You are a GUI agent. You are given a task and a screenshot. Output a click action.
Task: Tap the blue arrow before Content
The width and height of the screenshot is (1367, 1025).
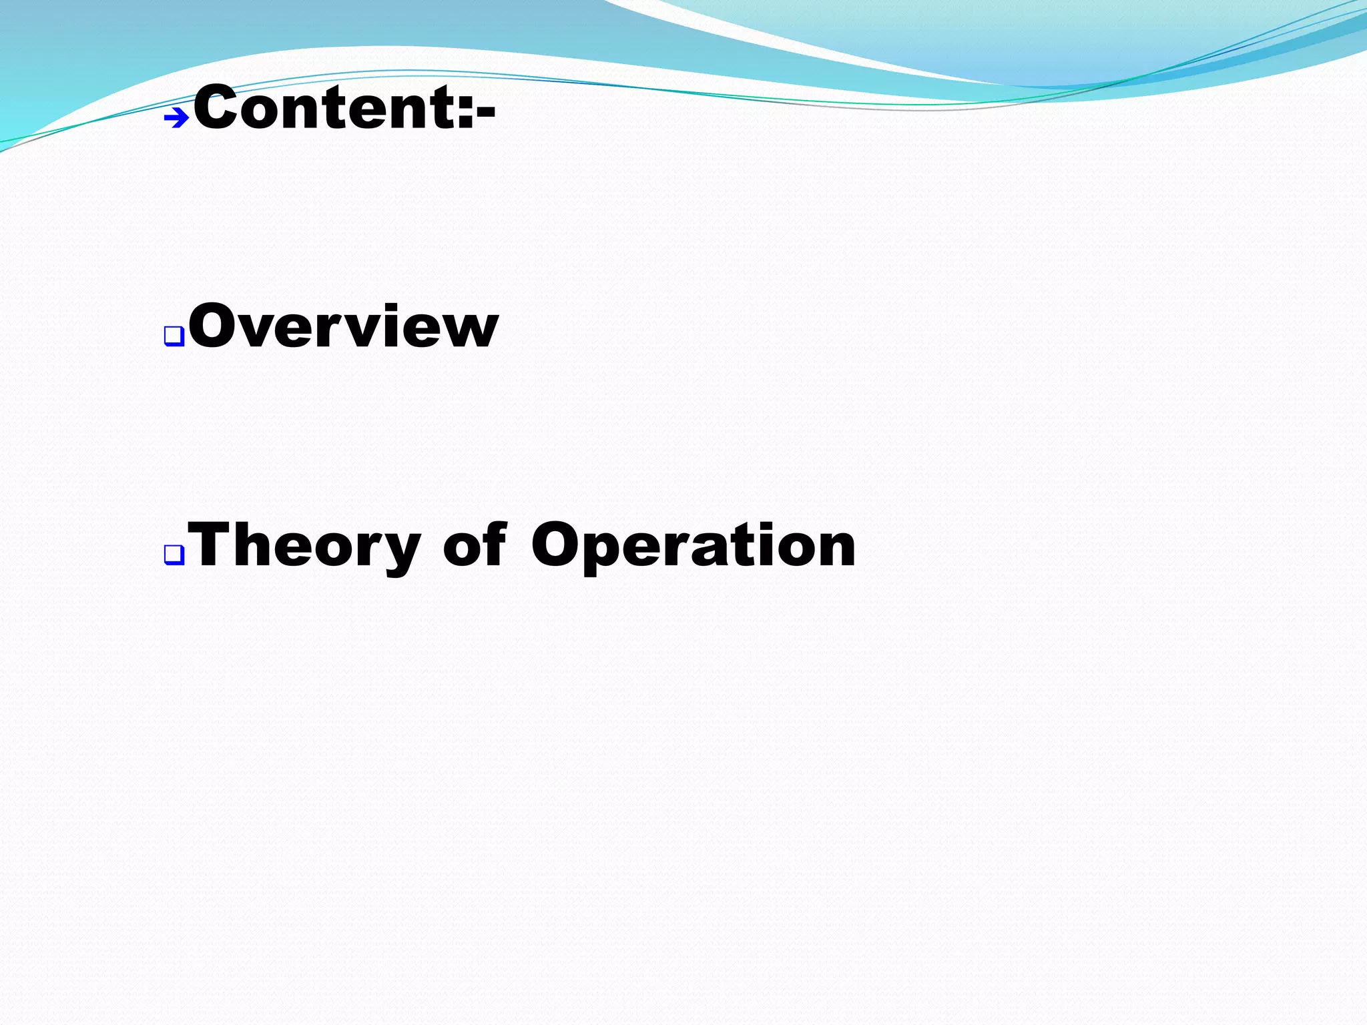click(x=177, y=119)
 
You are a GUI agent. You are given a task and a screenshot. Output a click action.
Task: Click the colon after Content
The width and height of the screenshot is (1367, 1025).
click(x=467, y=110)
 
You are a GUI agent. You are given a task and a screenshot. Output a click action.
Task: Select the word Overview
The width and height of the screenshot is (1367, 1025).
click(x=343, y=326)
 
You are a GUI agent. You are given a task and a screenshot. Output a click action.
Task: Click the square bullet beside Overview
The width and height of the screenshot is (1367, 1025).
click(x=174, y=336)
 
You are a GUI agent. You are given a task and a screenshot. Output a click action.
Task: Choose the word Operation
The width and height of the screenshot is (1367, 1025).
click(x=693, y=546)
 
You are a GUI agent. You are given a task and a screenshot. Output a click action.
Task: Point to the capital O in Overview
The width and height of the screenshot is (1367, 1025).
click(x=214, y=326)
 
